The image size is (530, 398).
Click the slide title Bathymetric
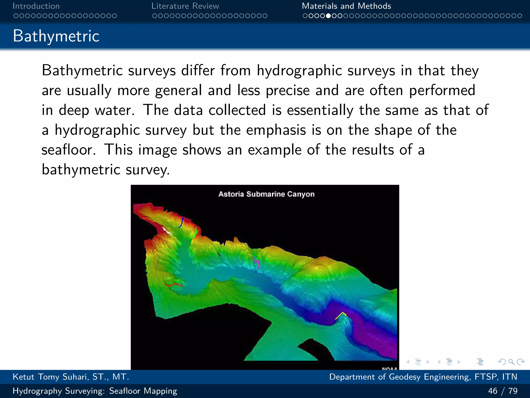(56, 36)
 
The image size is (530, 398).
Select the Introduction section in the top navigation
(36, 6)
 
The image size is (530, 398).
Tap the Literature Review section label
(185, 6)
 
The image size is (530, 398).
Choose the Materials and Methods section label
(346, 6)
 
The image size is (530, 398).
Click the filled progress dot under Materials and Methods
(328, 16)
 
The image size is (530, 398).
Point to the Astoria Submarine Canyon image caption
(266, 194)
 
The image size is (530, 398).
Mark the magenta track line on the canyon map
(256, 262)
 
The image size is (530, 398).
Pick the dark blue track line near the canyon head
(181, 223)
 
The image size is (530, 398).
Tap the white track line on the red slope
(167, 231)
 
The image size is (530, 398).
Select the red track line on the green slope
(174, 285)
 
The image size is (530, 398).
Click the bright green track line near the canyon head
(196, 232)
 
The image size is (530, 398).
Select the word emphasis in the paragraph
(276, 130)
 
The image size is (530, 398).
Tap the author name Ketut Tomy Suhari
(71, 377)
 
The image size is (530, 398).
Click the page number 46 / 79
(503, 391)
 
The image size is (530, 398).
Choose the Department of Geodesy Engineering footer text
(423, 377)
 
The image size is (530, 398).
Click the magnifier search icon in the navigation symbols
(511, 362)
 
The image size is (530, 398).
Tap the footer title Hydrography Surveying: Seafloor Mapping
(95, 391)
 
